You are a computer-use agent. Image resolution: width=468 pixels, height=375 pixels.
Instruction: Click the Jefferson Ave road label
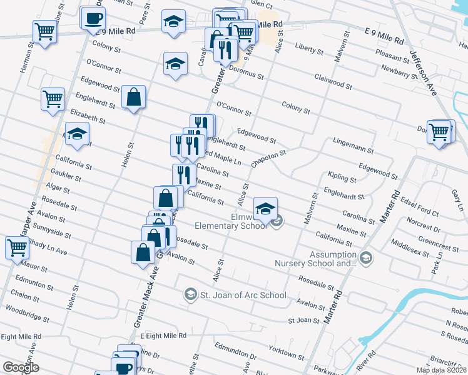pos(423,68)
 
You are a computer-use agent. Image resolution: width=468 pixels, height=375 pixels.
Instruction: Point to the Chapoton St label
pos(268,158)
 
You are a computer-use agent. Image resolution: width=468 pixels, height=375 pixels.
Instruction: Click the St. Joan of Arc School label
pos(243,295)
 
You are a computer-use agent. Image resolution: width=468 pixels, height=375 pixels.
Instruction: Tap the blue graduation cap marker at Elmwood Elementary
pos(266,207)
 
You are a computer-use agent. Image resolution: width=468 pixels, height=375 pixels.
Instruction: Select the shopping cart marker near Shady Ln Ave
pos(17,246)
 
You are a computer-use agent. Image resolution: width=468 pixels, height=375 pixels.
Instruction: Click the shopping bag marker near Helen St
pos(133,97)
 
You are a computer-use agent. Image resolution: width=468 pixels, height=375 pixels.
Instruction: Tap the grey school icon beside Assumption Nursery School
pos(365,257)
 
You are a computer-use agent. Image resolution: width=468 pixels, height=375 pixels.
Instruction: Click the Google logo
pos(21,367)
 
